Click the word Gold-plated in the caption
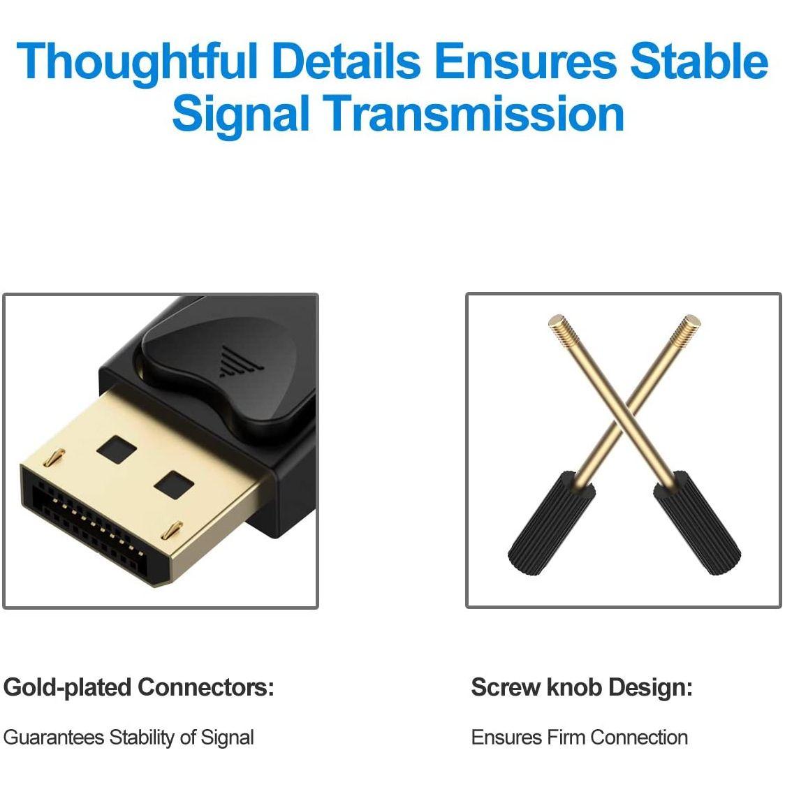coord(67,688)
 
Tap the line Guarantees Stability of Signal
coord(129,738)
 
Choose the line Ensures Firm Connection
coord(579,738)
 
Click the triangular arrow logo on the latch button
coord(232,362)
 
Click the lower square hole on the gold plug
coord(173,484)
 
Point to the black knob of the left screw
coord(550,523)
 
